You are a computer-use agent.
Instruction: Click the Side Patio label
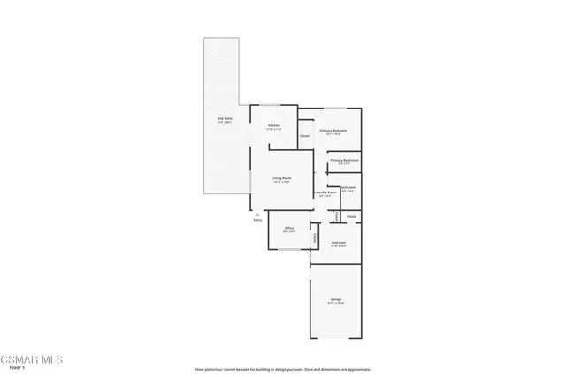[x=225, y=119]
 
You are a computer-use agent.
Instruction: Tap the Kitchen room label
[x=274, y=126]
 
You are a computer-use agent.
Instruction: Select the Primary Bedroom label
[x=333, y=132]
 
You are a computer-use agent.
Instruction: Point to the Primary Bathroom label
[x=345, y=161]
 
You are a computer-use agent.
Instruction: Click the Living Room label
[x=281, y=179]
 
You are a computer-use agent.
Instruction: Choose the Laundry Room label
[x=325, y=192]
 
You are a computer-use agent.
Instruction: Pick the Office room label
[x=289, y=229]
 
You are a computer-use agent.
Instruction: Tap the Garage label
[x=336, y=300]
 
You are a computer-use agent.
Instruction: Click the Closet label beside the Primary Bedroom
[x=304, y=136]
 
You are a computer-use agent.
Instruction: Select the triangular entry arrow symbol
[x=256, y=214]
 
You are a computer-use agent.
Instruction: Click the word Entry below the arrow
[x=257, y=220]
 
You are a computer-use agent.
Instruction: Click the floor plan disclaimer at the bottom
[x=283, y=369]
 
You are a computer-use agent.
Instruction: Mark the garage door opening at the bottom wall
[x=336, y=338]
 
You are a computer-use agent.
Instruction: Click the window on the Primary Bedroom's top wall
[x=333, y=108]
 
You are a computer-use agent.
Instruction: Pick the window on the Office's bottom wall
[x=289, y=250]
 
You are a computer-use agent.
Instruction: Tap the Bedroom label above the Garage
[x=338, y=243]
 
